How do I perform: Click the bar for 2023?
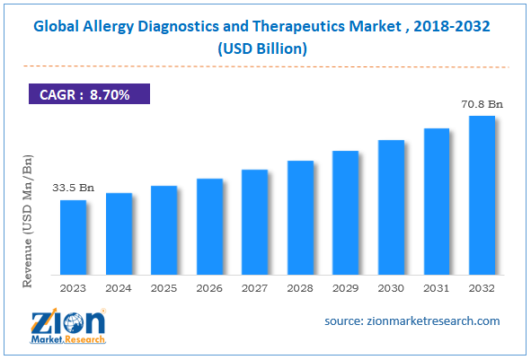[74, 238]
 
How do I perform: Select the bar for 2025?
[164, 231]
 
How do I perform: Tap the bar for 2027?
[255, 223]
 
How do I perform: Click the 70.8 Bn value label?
[482, 104]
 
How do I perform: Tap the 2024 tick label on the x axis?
[119, 289]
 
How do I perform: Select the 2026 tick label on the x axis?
[210, 289]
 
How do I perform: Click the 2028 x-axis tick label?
[301, 289]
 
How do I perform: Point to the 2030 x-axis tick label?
[392, 289]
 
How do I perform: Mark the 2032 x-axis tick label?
[482, 289]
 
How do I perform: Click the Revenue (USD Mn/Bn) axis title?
[29, 219]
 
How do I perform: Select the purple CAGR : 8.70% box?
[87, 92]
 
